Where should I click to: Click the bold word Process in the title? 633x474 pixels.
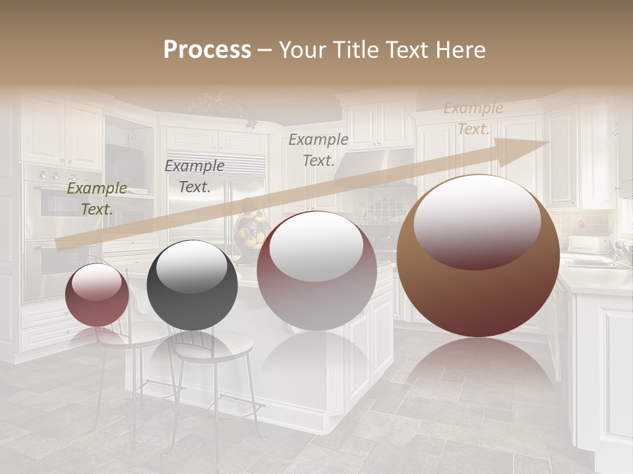coord(207,50)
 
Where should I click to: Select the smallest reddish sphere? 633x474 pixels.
coord(97,294)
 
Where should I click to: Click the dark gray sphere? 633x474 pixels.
coord(192,285)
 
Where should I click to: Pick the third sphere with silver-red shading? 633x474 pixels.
coord(316,271)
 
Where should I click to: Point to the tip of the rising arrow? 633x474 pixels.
coord(547,142)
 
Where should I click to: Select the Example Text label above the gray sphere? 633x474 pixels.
coord(195,176)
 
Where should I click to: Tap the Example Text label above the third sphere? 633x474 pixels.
coord(318,149)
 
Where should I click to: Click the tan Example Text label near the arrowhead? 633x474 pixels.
coord(473,118)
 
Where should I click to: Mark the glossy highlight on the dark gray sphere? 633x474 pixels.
coord(192,266)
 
